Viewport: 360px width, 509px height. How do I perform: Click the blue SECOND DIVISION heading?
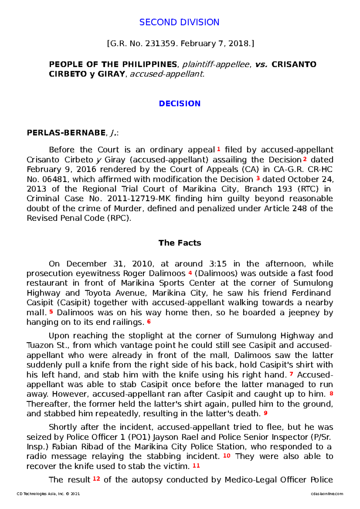179,22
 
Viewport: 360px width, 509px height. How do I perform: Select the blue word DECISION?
179,103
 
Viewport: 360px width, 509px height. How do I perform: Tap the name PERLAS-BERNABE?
66,133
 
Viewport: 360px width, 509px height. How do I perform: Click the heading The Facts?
179,243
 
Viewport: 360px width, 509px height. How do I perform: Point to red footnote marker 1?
219,149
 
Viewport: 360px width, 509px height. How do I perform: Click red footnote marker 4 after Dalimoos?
190,273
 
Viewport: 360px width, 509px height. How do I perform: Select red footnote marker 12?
96,479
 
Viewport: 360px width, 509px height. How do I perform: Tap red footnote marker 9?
265,413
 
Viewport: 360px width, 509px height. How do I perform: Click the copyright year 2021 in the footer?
75,494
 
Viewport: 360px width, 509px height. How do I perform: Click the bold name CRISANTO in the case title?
294,64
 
